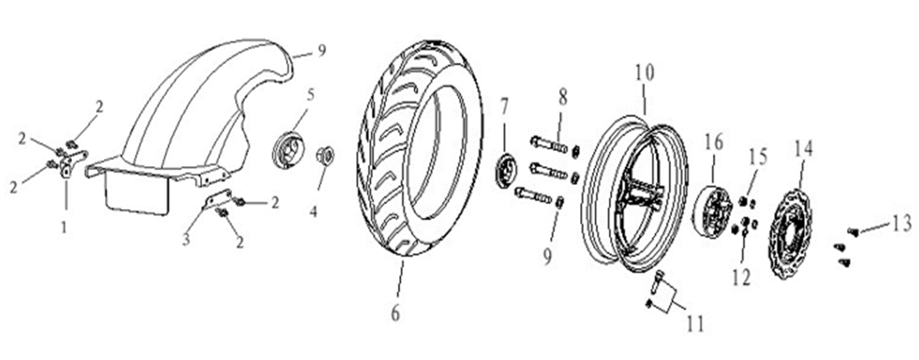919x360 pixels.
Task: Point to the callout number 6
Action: click(396, 313)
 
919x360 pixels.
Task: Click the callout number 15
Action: click(758, 157)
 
